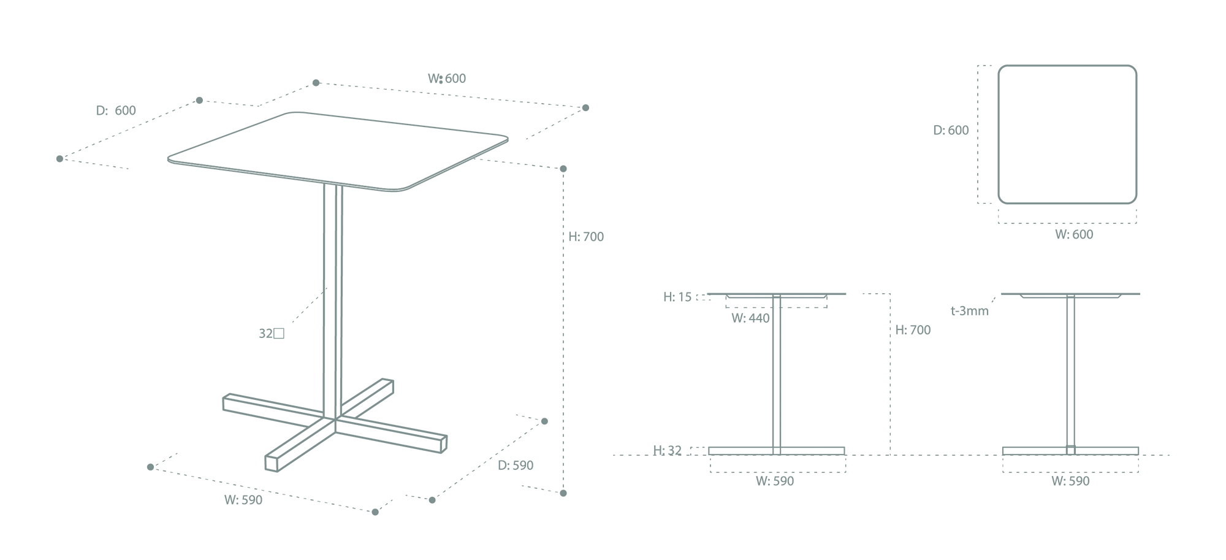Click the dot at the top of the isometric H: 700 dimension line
tap(563, 169)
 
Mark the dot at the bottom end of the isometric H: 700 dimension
tap(563, 493)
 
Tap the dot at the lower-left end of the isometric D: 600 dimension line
tap(59, 159)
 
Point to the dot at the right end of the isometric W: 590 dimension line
tap(375, 512)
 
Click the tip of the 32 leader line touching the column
tap(327, 287)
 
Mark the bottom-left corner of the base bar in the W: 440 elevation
tap(709, 455)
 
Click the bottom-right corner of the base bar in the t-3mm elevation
tap(1138, 455)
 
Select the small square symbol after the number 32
tap(279, 334)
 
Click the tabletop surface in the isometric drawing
tap(337, 150)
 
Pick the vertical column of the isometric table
tap(333, 301)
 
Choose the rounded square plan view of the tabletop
tap(1067, 66)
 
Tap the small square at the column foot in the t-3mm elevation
tap(1070, 450)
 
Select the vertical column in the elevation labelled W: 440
tap(777, 374)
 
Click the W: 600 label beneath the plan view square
tap(1074, 234)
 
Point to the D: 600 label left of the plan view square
tap(951, 130)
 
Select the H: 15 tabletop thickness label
tap(677, 297)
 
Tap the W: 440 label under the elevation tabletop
tap(750, 318)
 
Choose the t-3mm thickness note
tap(970, 311)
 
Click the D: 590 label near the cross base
tap(516, 466)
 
